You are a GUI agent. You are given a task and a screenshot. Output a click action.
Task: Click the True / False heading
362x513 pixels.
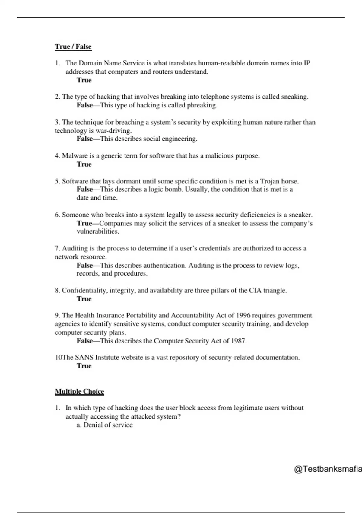[x=73, y=46]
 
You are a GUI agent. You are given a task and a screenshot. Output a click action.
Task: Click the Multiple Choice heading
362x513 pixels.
[x=79, y=391]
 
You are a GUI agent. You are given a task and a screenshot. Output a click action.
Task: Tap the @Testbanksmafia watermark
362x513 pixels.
[x=328, y=469]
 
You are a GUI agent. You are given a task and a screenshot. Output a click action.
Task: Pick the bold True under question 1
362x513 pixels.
[x=84, y=80]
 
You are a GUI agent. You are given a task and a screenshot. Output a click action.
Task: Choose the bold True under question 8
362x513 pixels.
[x=84, y=299]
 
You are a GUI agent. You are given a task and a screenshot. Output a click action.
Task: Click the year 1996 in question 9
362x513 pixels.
[x=243, y=315]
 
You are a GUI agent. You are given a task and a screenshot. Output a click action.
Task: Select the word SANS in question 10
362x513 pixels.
[x=84, y=357]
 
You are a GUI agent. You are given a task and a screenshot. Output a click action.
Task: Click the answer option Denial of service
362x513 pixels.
[x=108, y=425]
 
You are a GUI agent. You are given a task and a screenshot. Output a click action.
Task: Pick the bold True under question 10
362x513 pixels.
[x=84, y=366]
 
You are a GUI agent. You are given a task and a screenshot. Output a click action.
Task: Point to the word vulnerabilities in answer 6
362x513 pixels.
[x=97, y=231]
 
